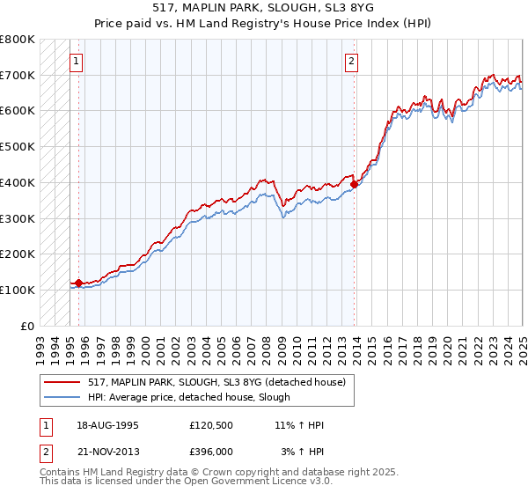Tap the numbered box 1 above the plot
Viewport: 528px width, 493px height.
pos(77,62)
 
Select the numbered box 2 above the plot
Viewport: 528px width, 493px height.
pos(351,62)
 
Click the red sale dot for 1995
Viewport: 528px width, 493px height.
pos(78,283)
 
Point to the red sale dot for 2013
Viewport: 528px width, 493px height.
pos(355,183)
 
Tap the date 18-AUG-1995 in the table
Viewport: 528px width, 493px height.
pos(106,425)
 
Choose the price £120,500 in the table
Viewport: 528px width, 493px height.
pos(210,425)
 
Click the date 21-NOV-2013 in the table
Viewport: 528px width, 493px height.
pos(106,452)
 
